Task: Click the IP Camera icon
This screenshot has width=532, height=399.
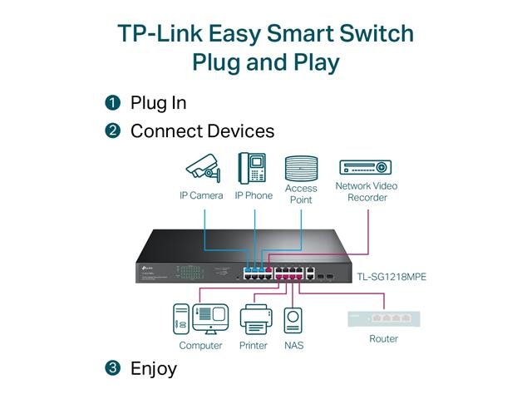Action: [x=202, y=170]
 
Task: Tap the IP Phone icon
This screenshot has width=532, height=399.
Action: [x=252, y=168]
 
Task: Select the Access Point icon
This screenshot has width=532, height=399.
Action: [x=301, y=168]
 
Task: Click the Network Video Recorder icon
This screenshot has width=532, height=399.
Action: [x=366, y=167]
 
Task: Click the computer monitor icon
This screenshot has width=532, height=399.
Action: [x=210, y=318]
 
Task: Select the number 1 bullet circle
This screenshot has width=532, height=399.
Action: [x=113, y=104]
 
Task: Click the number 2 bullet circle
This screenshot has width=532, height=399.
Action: [x=113, y=131]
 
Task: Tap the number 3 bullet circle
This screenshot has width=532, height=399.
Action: [x=113, y=368]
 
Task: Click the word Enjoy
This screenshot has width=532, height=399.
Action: [x=154, y=368]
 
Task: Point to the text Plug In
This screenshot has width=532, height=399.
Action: [x=158, y=104]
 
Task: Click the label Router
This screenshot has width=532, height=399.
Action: [x=383, y=339]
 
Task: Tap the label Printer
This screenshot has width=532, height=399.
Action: [x=253, y=345]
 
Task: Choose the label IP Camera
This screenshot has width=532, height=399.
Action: [x=201, y=196]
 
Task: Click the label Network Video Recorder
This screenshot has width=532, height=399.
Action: [x=366, y=192]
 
